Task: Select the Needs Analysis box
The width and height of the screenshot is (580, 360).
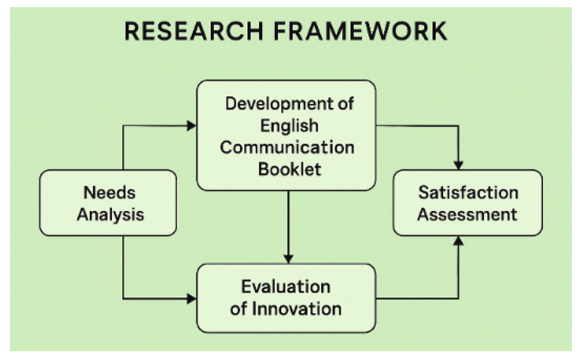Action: pyautogui.click(x=108, y=203)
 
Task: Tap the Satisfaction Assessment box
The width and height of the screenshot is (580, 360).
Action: pyautogui.click(x=467, y=202)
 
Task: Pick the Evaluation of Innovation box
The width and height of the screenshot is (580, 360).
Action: pyautogui.click(x=287, y=298)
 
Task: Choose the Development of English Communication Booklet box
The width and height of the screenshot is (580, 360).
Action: pyautogui.click(x=287, y=136)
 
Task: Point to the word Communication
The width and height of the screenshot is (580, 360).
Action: pyautogui.click(x=287, y=147)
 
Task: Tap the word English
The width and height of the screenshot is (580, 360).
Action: pyautogui.click(x=287, y=125)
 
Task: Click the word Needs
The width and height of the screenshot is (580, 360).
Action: pyautogui.click(x=110, y=192)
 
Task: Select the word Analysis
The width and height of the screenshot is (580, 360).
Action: pyautogui.click(x=110, y=215)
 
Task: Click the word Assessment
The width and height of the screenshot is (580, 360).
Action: pyautogui.click(x=468, y=214)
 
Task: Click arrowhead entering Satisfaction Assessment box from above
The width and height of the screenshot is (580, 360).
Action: pyautogui.click(x=458, y=165)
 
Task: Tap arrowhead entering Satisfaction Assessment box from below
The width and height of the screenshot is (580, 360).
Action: pyautogui.click(x=458, y=241)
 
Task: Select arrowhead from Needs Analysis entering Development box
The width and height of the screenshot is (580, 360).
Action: pyautogui.click(x=192, y=126)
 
